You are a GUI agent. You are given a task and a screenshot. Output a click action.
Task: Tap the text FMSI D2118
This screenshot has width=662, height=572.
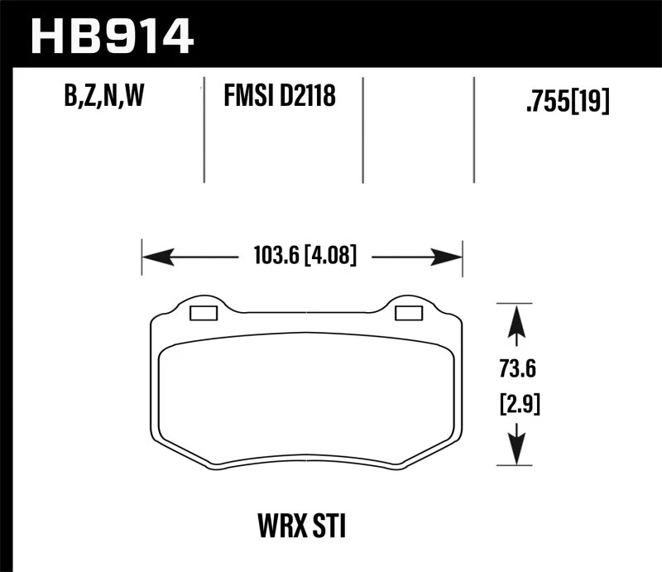(x=279, y=99)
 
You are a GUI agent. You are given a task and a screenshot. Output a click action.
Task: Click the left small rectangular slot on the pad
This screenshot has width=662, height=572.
(x=203, y=313)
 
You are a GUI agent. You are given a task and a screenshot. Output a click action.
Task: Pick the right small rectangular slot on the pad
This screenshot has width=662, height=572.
(x=409, y=313)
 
